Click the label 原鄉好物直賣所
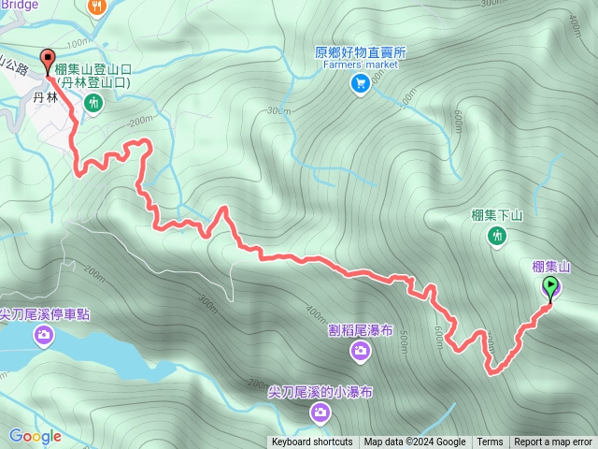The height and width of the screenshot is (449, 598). click(360, 53)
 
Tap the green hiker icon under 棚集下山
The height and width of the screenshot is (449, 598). click(496, 237)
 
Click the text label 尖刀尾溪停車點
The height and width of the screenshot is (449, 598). click(44, 314)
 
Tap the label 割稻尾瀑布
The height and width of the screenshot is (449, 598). click(361, 330)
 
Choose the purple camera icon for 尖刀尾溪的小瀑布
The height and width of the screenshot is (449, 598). click(320, 413)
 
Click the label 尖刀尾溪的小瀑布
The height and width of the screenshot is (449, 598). click(320, 392)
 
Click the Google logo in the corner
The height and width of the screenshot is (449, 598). click(35, 436)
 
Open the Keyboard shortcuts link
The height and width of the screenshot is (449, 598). click(312, 442)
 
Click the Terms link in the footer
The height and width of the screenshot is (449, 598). click(490, 442)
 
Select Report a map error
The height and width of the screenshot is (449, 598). click(553, 442)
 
